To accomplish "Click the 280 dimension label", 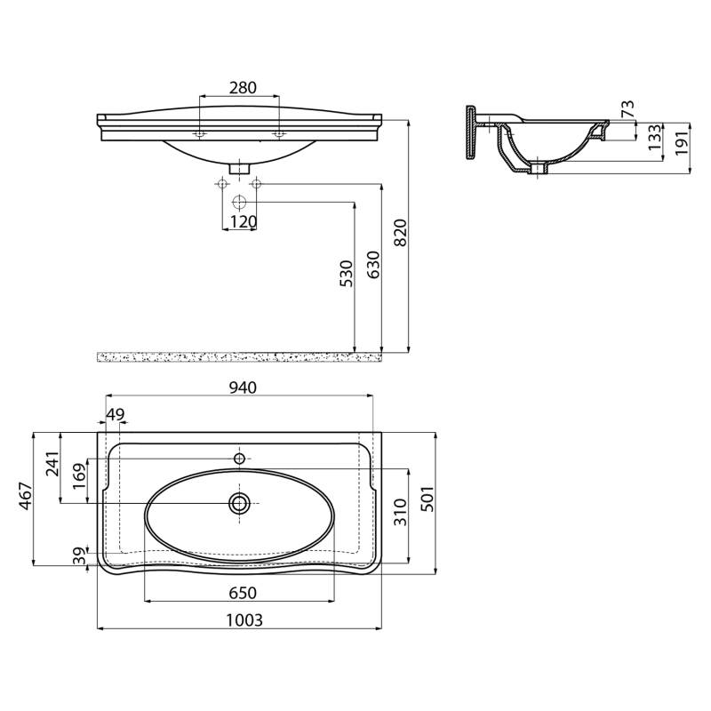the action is point(243,87).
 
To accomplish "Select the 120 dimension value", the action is point(243,221).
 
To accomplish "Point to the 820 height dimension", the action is point(401,233).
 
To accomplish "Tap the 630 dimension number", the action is point(373,265).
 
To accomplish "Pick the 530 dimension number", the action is point(346,274).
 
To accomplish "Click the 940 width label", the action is point(243,387).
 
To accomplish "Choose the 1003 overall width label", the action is point(244,619).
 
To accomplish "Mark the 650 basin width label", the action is point(243,593).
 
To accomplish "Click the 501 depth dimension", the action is point(427,499).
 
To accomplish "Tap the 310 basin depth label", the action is point(400,513).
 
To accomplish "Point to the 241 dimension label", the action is point(52,463).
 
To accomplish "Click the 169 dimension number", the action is point(79,475).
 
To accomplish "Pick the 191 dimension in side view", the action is point(682,142).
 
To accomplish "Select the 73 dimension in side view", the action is point(629,108).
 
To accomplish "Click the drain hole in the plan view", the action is point(239,503).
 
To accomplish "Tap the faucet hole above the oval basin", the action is point(239,459).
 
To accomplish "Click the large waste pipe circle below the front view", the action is point(239,202).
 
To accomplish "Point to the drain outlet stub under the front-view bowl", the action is point(239,168).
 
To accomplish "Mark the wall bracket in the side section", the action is point(472,132).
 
